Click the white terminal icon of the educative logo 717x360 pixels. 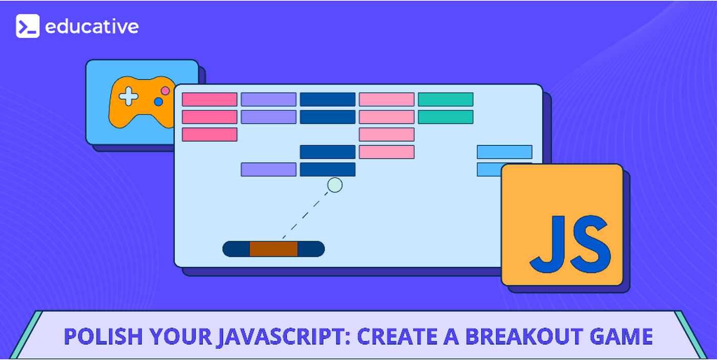pos(28,26)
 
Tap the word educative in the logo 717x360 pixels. pos(92,27)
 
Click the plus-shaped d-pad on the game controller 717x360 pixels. pos(129,96)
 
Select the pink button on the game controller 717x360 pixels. pos(165,91)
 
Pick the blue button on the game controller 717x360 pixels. pos(158,102)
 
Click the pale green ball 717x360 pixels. pos(335,185)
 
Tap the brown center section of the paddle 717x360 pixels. pos(273,249)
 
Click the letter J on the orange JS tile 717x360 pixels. pos(547,244)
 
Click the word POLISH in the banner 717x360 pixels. pos(103,336)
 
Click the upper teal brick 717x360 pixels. pos(446,99)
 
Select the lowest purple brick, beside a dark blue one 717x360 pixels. pos(268,170)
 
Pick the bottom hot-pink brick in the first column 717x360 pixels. pos(209,134)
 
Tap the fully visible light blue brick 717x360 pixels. pos(504,152)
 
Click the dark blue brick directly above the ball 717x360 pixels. pos(328,170)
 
